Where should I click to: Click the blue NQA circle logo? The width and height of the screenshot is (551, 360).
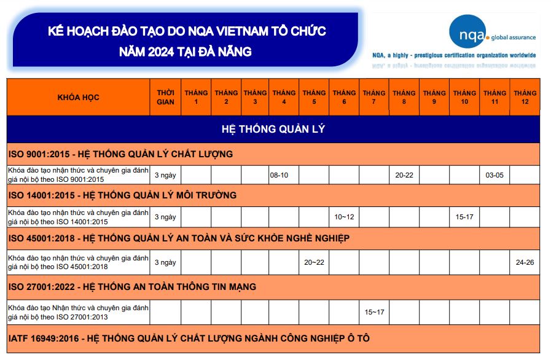[467, 32]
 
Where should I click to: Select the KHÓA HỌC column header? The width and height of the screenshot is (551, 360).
[79, 98]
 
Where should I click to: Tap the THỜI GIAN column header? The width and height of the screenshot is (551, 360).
[165, 98]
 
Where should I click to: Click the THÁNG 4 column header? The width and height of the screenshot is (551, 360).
[284, 98]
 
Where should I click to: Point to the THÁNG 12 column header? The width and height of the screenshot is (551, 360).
[525, 98]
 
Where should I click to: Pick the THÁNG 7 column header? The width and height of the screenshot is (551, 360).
[374, 98]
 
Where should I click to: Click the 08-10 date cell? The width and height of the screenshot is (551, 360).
[279, 175]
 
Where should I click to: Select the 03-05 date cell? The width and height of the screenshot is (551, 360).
[494, 175]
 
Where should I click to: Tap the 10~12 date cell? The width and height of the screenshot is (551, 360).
[344, 217]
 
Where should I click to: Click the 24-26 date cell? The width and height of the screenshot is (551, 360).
[525, 262]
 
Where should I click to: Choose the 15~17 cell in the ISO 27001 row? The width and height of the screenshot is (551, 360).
[374, 312]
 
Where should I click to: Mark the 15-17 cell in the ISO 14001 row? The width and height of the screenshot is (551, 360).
[464, 217]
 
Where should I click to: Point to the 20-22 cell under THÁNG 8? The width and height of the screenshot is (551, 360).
[404, 175]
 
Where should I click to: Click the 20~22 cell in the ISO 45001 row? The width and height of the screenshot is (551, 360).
[314, 262]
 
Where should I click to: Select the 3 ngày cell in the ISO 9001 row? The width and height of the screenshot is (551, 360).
[165, 175]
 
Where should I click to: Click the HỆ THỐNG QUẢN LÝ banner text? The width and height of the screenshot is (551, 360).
[273, 129]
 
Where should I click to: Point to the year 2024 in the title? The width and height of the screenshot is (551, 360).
[161, 52]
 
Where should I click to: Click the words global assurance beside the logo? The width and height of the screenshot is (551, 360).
[514, 37]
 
